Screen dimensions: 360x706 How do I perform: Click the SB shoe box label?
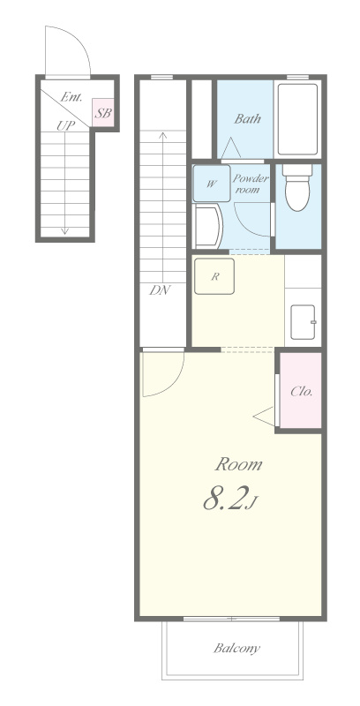point(103,113)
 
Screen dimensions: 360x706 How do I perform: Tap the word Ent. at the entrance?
point(71,97)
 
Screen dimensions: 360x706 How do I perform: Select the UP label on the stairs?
point(65,125)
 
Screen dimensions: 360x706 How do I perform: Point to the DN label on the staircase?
point(161,290)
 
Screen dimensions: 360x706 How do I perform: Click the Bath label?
point(247,119)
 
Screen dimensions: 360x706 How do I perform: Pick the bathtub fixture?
point(297,119)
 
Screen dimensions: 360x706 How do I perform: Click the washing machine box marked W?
point(212,184)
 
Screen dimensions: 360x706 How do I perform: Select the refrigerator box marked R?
point(214,276)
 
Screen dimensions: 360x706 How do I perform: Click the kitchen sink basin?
point(303,322)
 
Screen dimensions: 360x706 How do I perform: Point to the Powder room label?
point(250,184)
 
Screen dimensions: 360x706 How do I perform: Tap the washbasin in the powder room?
point(207,226)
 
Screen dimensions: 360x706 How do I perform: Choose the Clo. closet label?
point(301,391)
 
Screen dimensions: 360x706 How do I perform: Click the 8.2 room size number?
point(225,499)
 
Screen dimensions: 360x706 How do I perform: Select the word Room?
point(238,464)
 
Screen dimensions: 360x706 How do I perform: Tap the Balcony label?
point(236,649)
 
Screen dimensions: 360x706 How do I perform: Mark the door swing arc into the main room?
point(173,384)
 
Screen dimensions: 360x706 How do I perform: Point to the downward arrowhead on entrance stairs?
point(64,231)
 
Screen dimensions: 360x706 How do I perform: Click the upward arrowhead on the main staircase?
point(163,134)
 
